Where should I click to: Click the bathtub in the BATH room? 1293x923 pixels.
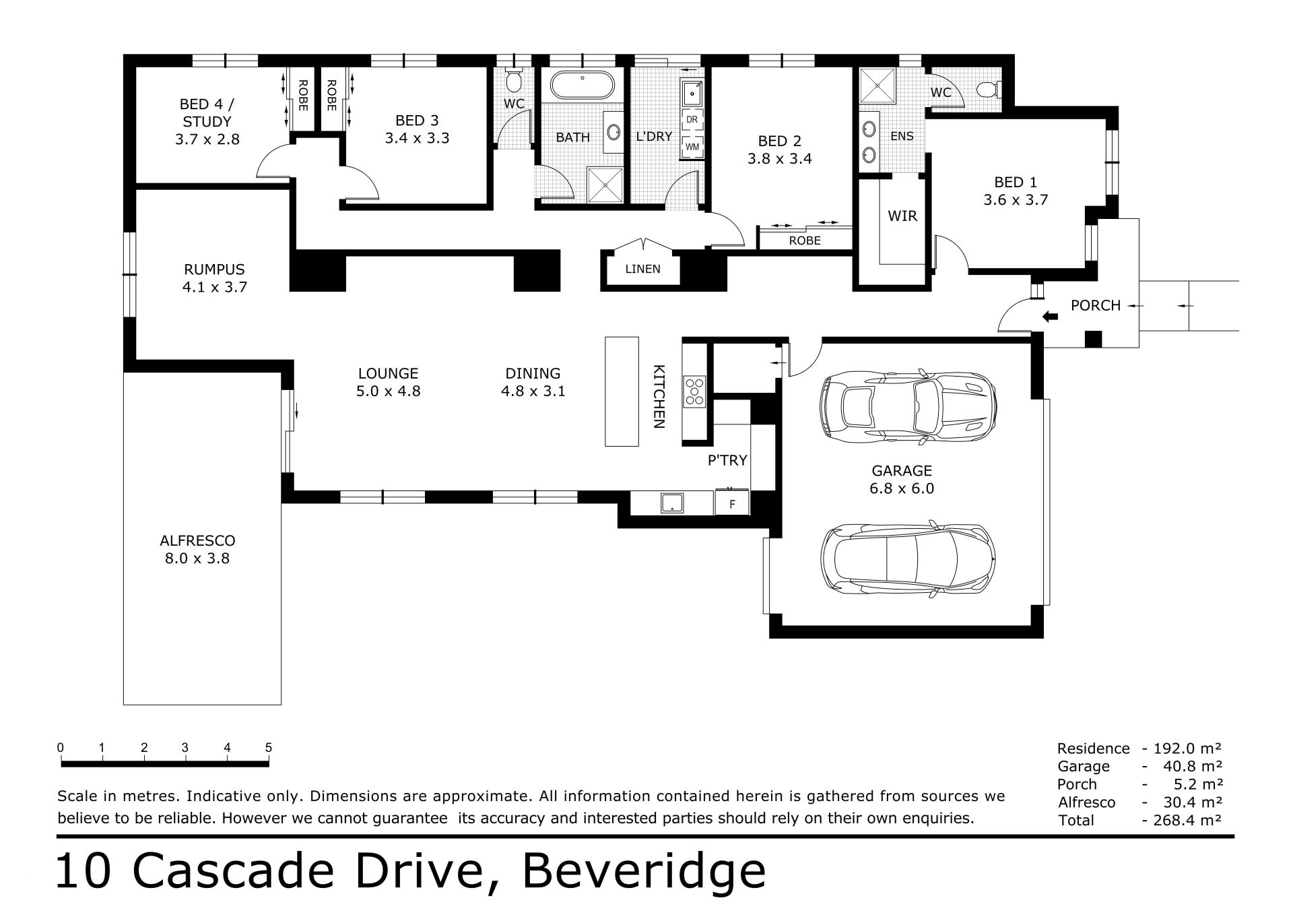tap(583, 86)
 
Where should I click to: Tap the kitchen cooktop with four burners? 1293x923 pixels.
tap(695, 391)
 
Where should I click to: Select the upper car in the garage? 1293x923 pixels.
tap(908, 406)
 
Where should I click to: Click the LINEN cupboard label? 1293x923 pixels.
tap(642, 269)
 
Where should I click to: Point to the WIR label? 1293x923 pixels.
tap(902, 216)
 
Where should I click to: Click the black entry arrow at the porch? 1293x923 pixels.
tap(1049, 316)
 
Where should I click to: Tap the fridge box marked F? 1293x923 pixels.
tap(732, 503)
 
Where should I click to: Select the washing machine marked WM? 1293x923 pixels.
tap(692, 146)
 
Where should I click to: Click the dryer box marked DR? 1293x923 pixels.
tap(692, 120)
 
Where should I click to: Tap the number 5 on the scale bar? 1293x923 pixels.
tap(269, 748)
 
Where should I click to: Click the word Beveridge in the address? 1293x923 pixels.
tap(644, 871)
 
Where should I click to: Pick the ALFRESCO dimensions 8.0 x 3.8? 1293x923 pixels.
tap(197, 558)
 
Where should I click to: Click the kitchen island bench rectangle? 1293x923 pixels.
tap(622, 391)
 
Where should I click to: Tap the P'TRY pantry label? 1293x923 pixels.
tap(727, 460)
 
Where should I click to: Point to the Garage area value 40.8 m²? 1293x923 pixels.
tap(1192, 766)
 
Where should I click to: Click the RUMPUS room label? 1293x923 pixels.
tap(214, 269)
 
